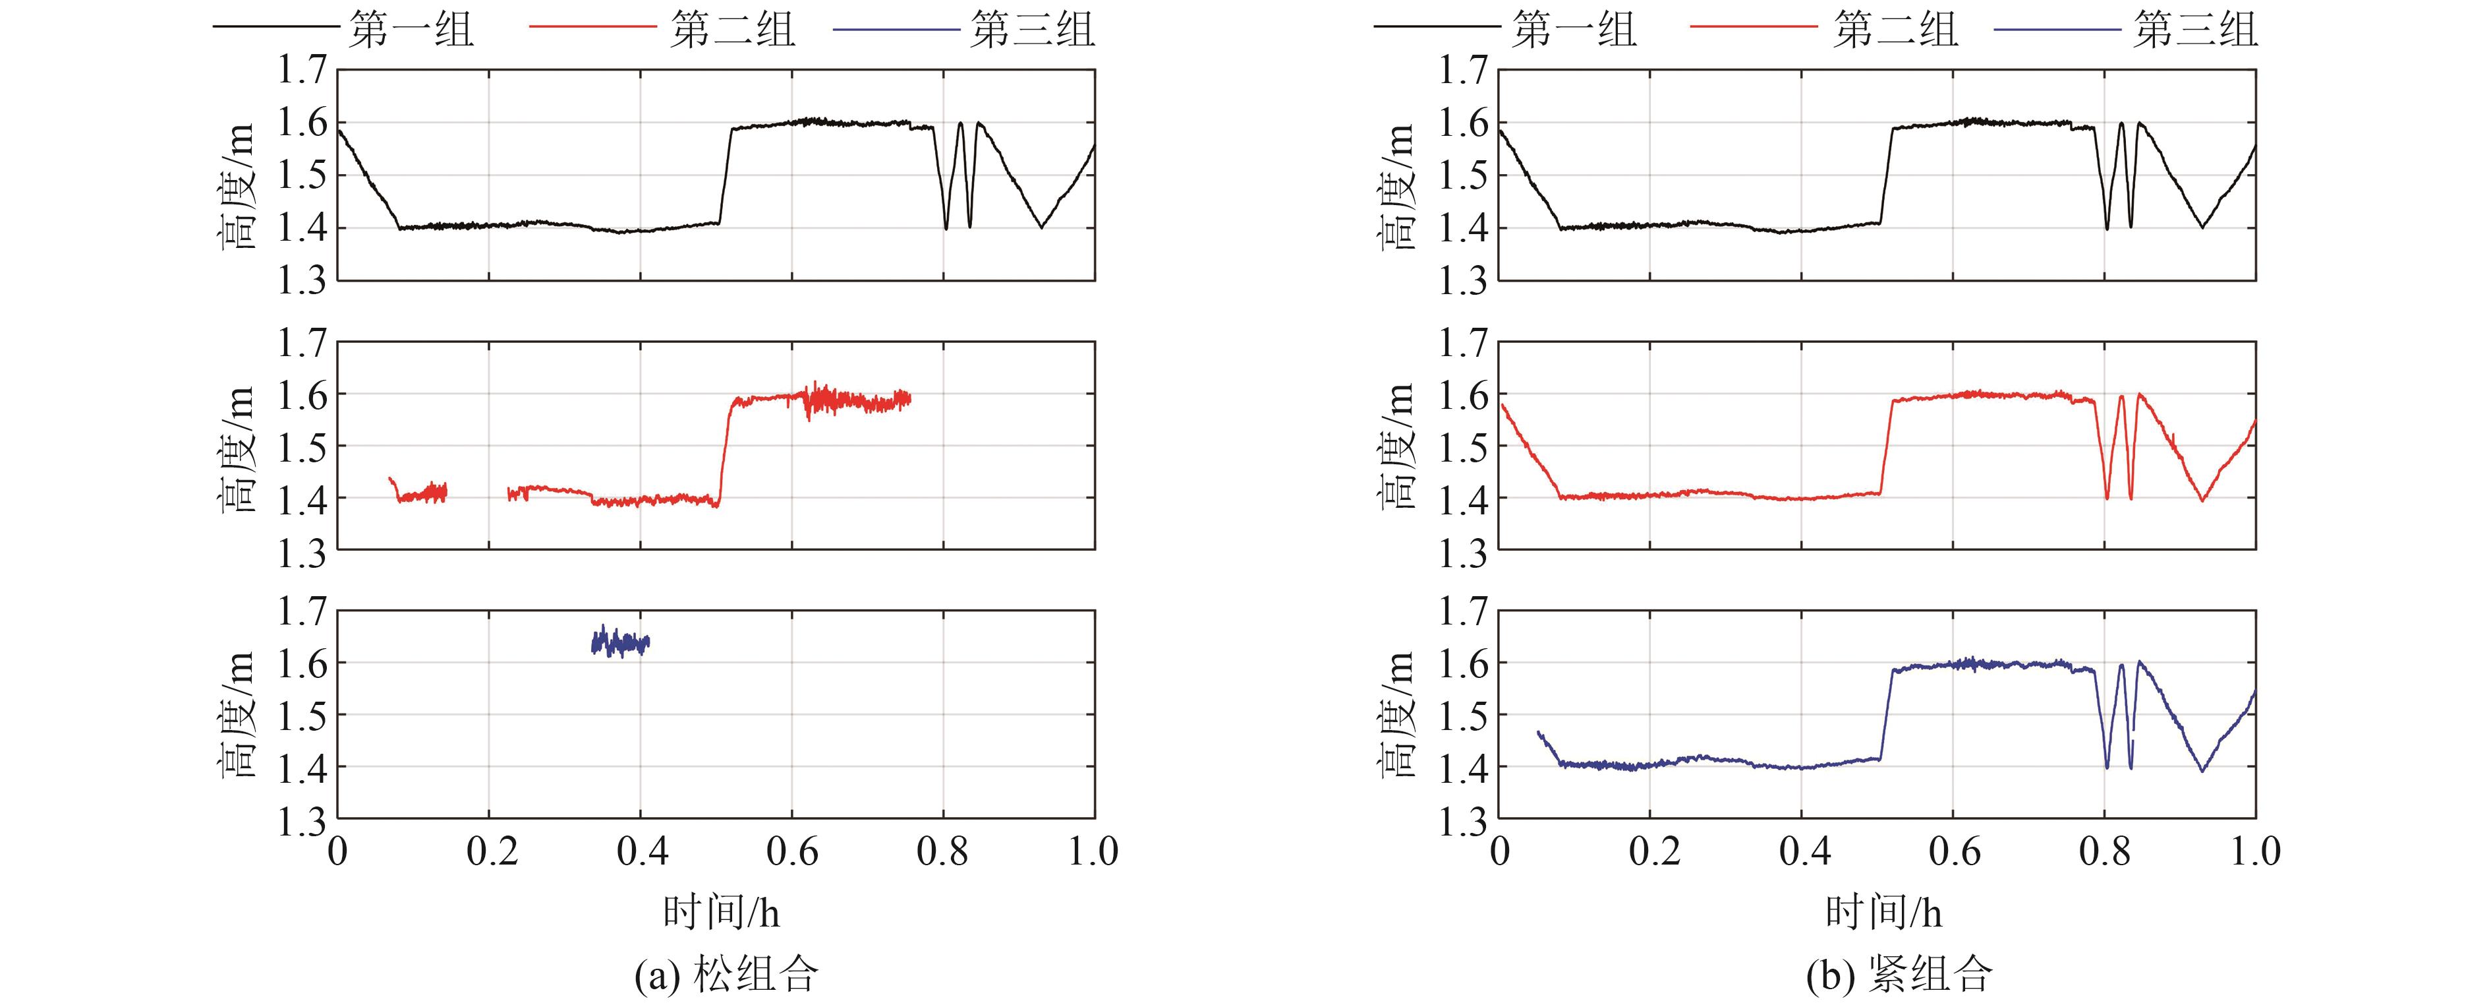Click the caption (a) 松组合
point(726,974)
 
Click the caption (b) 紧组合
point(1898,974)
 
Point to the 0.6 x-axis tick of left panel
point(792,852)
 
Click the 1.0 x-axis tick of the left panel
point(1094,852)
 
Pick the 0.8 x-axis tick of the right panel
point(2105,852)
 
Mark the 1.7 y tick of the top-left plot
point(302,71)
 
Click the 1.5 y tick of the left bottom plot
point(302,716)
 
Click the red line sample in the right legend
point(1752,27)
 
